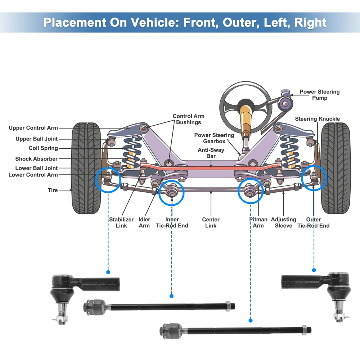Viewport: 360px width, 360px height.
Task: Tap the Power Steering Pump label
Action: point(319,95)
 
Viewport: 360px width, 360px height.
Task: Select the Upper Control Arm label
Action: point(33,128)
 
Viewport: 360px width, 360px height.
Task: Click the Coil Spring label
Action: point(43,148)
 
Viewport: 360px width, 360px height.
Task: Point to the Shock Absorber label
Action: point(36,159)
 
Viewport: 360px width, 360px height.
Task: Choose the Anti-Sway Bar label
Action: point(211,153)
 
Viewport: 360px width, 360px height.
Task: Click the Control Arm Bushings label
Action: point(188,119)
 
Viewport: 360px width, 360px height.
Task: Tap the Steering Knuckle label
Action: point(317,119)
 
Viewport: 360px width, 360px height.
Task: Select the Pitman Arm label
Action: point(258,222)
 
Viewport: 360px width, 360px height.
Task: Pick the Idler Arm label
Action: point(144,222)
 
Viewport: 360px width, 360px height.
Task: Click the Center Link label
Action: point(211,222)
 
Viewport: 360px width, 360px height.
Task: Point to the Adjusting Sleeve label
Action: point(283,222)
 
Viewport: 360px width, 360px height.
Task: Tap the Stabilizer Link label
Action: point(121,222)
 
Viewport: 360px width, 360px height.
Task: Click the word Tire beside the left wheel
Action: point(53,190)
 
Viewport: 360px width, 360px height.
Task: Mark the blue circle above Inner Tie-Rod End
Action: point(172,193)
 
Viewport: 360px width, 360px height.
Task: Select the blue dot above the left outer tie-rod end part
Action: point(108,272)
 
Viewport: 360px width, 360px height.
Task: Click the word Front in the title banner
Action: point(199,23)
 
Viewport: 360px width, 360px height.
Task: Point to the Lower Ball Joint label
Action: point(36,168)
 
